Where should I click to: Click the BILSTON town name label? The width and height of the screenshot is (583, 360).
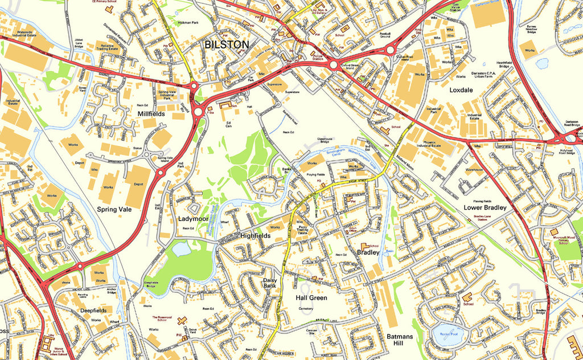pyautogui.click(x=226, y=44)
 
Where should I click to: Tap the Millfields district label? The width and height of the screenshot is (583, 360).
pyautogui.click(x=151, y=114)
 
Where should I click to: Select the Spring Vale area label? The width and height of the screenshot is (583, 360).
pyautogui.click(x=114, y=210)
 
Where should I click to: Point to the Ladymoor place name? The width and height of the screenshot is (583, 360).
pyautogui.click(x=193, y=219)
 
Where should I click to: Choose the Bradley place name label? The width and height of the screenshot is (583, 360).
pyautogui.click(x=368, y=252)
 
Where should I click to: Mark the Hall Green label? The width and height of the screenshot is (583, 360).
pyautogui.click(x=311, y=298)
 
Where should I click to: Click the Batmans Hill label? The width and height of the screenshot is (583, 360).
pyautogui.click(x=404, y=340)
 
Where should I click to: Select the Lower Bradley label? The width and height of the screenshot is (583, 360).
pyautogui.click(x=485, y=208)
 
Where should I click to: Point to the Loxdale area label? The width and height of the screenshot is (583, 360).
pyautogui.click(x=461, y=90)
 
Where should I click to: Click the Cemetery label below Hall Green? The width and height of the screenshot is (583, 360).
pyautogui.click(x=307, y=309)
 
